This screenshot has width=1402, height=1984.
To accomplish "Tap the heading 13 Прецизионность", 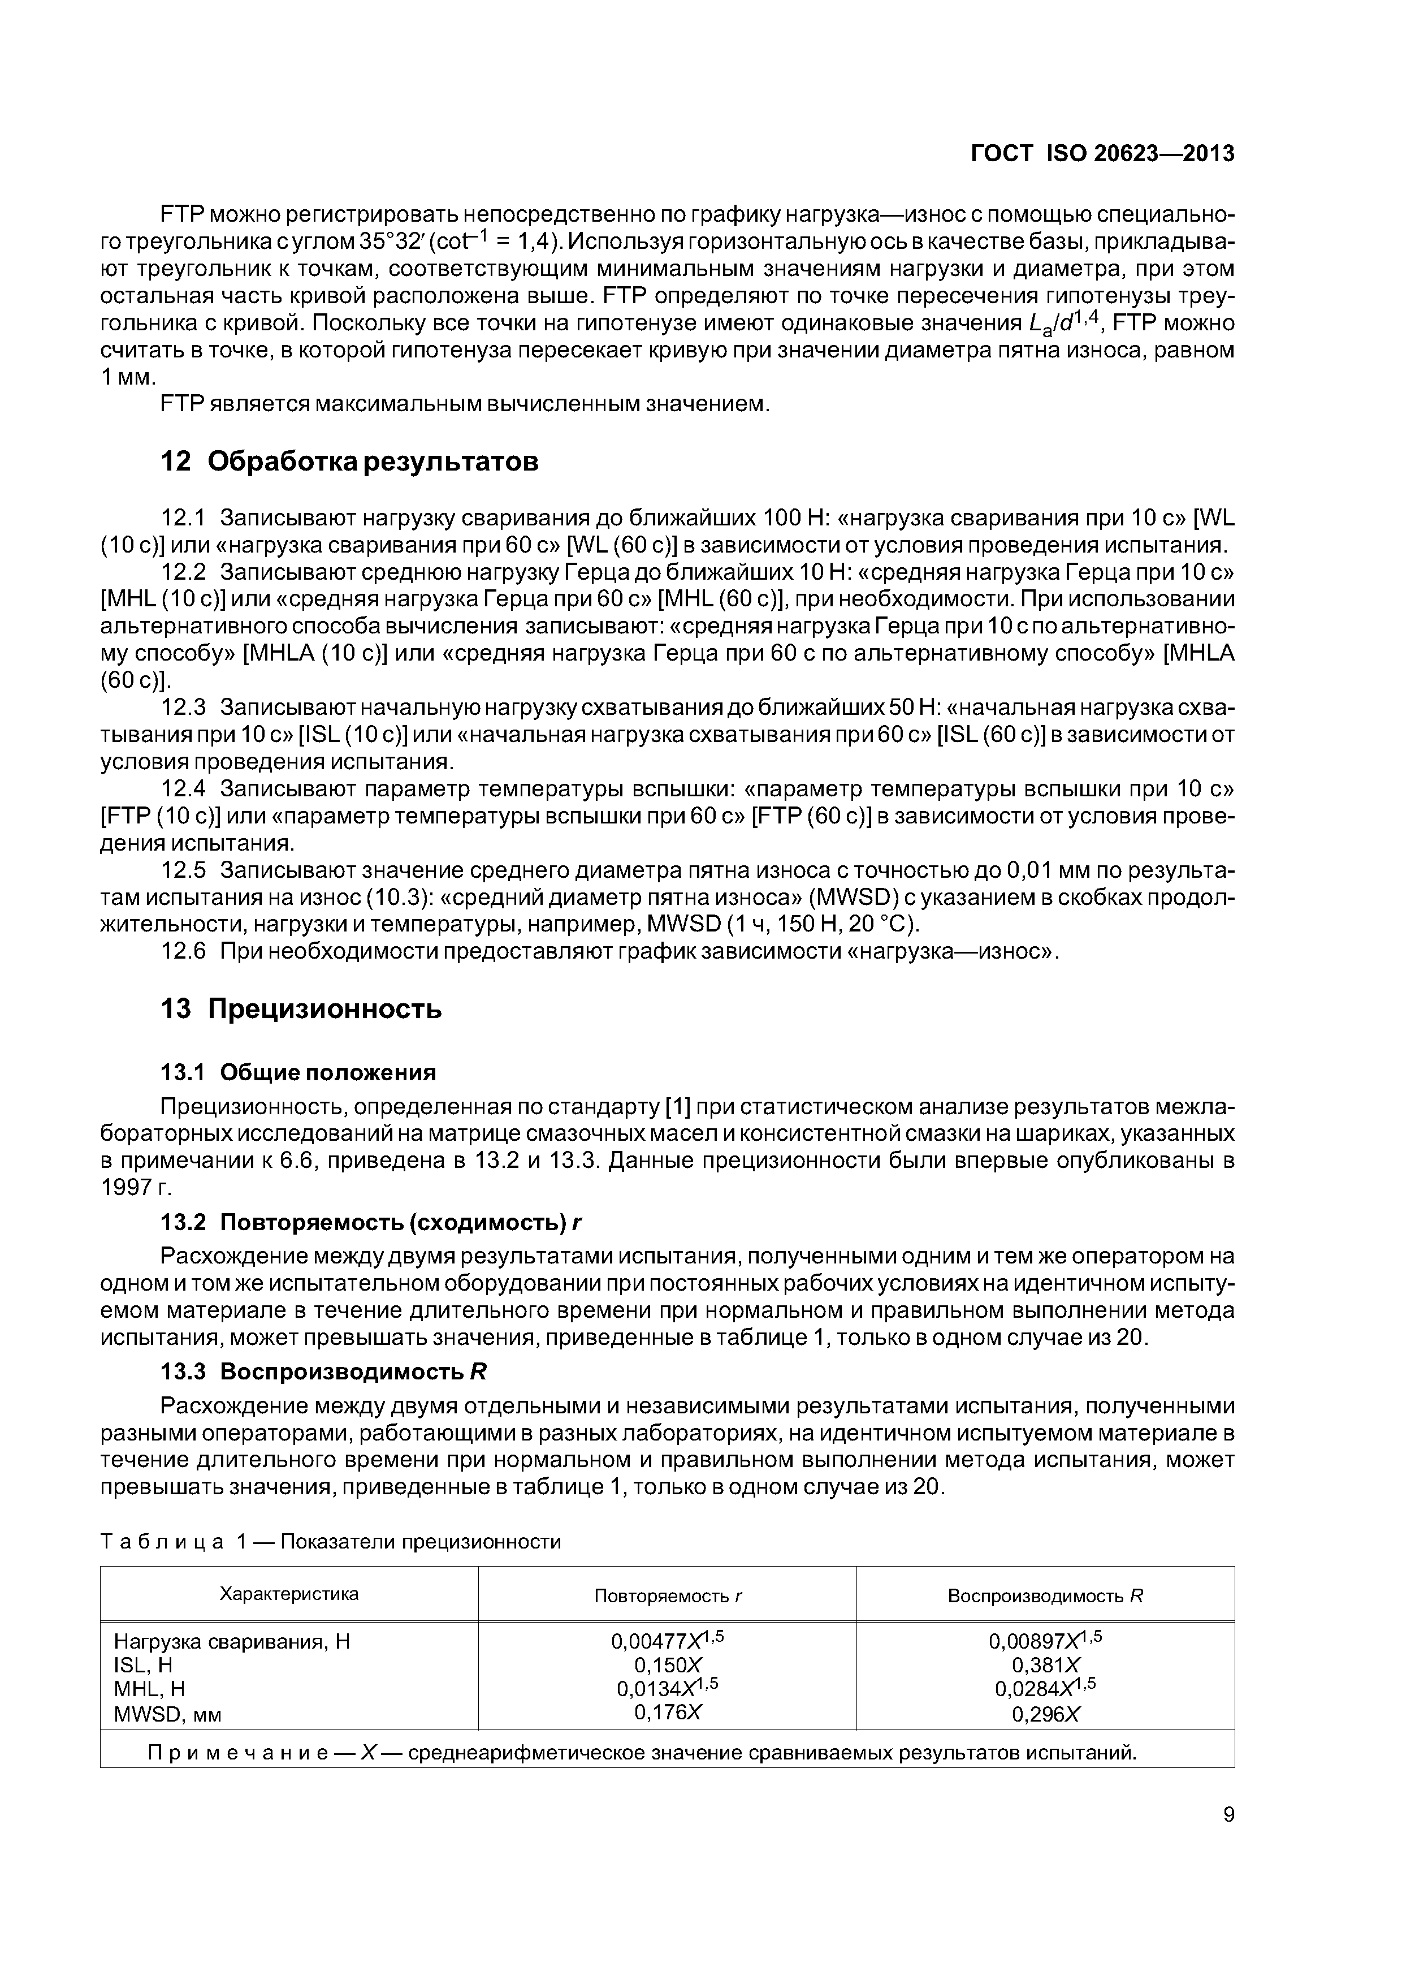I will [301, 1008].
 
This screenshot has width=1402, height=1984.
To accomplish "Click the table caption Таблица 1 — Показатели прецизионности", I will [331, 1542].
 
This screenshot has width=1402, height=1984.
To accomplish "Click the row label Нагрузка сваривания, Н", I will [232, 1641].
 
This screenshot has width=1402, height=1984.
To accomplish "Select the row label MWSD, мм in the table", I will [174, 1714].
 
